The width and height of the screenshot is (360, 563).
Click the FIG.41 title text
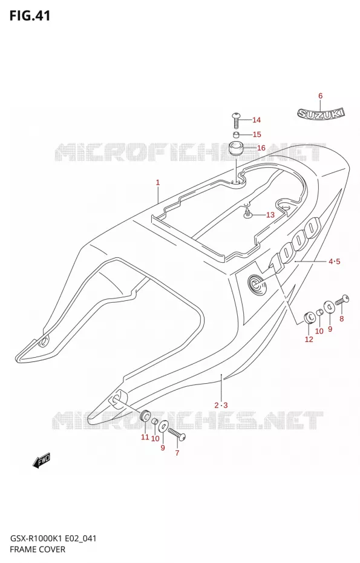(x=30, y=16)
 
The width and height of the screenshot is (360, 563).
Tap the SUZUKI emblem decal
(x=321, y=113)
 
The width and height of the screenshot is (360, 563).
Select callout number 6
(x=320, y=96)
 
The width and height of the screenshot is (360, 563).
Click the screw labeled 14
(x=236, y=120)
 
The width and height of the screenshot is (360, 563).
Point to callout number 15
(x=257, y=134)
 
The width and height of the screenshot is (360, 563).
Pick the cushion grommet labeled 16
(x=237, y=148)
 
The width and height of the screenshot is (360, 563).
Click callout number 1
(x=157, y=182)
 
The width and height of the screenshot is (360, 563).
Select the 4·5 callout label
(x=334, y=262)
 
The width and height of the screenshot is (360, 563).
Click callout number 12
(x=309, y=339)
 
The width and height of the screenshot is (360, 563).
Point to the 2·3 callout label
(x=221, y=406)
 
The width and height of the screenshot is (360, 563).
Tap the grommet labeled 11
(x=145, y=416)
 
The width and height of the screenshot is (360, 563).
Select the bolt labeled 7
(x=176, y=433)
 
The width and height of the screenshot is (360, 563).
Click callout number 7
(x=177, y=453)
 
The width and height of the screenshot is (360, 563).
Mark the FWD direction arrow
(x=42, y=461)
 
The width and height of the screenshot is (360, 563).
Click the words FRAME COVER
(x=38, y=550)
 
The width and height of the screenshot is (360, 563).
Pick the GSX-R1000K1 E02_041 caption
(x=53, y=538)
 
